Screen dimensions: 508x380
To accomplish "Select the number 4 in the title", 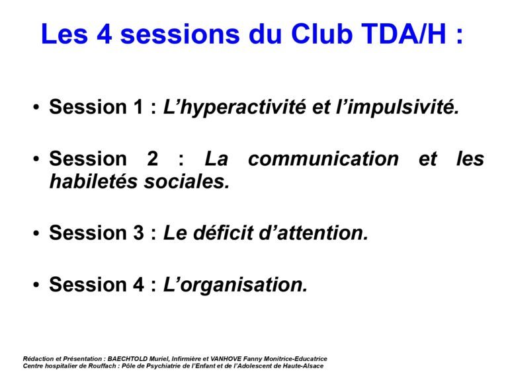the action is tap(104, 34).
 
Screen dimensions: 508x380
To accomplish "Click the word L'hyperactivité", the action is tap(234, 107).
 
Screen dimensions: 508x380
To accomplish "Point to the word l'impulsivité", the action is tap(398, 106).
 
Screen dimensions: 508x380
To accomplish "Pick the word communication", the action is tap(323, 159).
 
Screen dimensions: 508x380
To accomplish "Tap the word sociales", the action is tap(187, 181).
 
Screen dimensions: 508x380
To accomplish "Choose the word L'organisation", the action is tap(235, 285).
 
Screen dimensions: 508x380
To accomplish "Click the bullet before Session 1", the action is tap(36, 107).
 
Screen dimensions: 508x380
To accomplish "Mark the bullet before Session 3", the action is tap(36, 233).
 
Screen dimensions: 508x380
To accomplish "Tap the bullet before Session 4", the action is tap(36, 285).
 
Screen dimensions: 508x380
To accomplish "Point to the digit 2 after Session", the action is tap(152, 159).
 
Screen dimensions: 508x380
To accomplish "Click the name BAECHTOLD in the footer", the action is tap(128, 359).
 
